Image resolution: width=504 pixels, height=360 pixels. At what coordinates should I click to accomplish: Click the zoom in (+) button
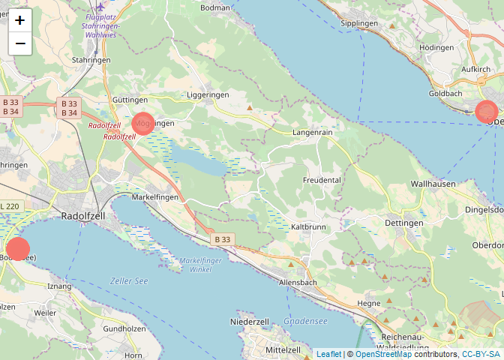[x=20, y=20]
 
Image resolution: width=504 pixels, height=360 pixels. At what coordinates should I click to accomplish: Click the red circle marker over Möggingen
[x=143, y=123]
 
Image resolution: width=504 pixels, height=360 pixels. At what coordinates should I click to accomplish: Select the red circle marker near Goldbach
[x=487, y=112]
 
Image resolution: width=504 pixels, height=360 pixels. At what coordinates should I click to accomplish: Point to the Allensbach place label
[x=298, y=282]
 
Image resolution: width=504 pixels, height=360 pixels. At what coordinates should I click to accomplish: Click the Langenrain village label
[x=312, y=132]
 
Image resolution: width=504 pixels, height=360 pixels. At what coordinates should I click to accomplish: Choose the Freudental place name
[x=322, y=180]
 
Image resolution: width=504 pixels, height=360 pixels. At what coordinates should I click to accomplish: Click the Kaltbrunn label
[x=308, y=226]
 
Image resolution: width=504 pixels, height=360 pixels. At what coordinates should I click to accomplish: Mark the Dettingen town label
[x=403, y=223]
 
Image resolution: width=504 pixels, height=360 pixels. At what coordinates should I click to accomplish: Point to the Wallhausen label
[x=433, y=184]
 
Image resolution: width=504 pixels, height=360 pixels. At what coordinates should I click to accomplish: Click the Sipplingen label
[x=359, y=23]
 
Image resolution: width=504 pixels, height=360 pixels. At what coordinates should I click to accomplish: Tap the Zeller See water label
[x=129, y=281]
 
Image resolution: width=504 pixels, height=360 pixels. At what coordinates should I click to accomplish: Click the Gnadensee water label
[x=305, y=321]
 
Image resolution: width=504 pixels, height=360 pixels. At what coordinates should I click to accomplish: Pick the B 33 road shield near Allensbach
[x=223, y=239]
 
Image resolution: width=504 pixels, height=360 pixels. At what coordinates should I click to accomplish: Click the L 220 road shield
[x=11, y=205]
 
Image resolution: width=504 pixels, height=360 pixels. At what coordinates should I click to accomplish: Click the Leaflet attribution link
[x=328, y=354]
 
